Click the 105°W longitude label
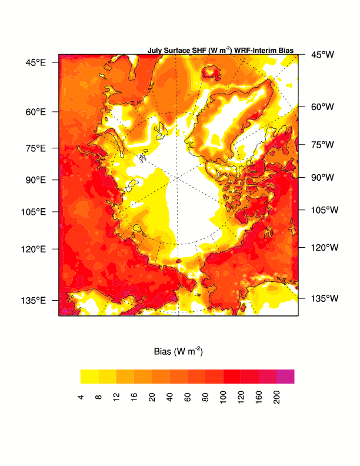click(x=324, y=210)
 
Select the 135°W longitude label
click(x=324, y=298)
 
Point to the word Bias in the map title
click(x=286, y=51)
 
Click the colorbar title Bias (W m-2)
click(x=178, y=351)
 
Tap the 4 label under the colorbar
click(x=81, y=398)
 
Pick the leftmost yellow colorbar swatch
click(x=89, y=377)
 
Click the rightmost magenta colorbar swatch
click(x=285, y=377)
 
